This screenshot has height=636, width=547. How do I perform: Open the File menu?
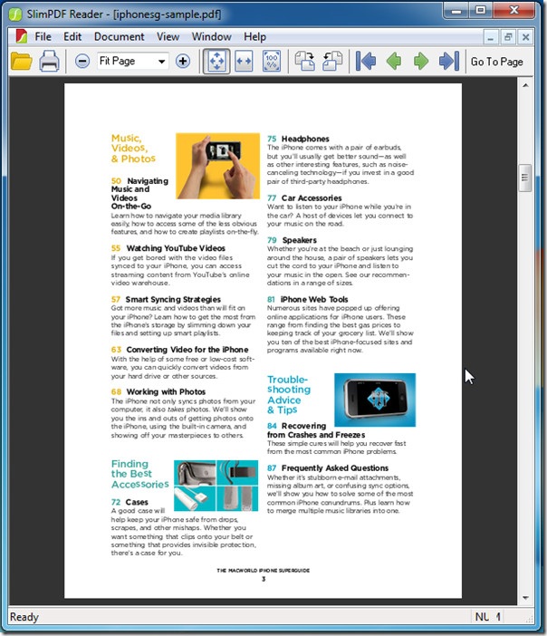(43, 37)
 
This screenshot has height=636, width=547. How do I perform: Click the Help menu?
(254, 37)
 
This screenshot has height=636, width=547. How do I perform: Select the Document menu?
(119, 37)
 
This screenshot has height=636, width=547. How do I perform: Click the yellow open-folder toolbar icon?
(21, 62)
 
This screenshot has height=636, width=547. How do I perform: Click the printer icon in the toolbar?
(49, 62)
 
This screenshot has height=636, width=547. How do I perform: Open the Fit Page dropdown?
(161, 62)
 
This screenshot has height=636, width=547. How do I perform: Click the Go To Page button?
(496, 62)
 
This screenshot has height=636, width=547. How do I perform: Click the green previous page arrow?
(393, 62)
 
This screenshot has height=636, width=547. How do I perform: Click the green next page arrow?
(421, 62)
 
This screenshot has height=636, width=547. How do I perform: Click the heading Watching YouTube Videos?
(176, 248)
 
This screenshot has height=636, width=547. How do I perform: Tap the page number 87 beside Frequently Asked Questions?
(272, 468)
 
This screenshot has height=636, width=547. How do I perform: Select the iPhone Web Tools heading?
(313, 299)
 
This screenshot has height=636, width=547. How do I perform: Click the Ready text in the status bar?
(24, 617)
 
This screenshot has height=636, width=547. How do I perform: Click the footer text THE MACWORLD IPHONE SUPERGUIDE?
(262, 571)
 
